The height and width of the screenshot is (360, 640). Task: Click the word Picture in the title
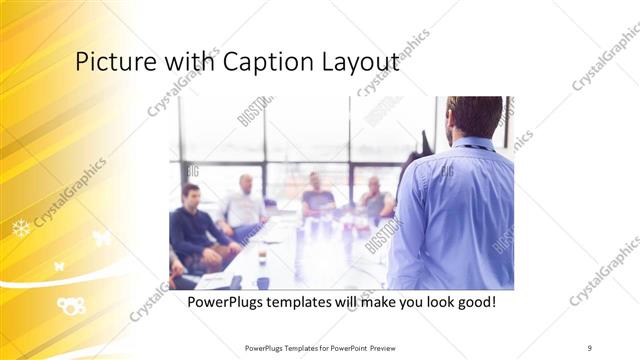point(109,63)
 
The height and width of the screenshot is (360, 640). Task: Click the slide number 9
point(589,347)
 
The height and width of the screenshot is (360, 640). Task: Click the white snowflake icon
point(21,229)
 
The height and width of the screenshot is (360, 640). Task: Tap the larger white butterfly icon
point(101,238)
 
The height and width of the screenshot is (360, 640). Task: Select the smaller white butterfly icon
point(59,266)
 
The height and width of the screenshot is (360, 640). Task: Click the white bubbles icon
point(70,305)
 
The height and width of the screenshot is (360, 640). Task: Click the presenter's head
point(474,115)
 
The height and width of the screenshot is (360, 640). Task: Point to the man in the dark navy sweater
point(194,225)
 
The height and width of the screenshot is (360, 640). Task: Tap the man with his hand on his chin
point(319,194)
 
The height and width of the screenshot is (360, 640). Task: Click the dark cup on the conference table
point(262,256)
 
